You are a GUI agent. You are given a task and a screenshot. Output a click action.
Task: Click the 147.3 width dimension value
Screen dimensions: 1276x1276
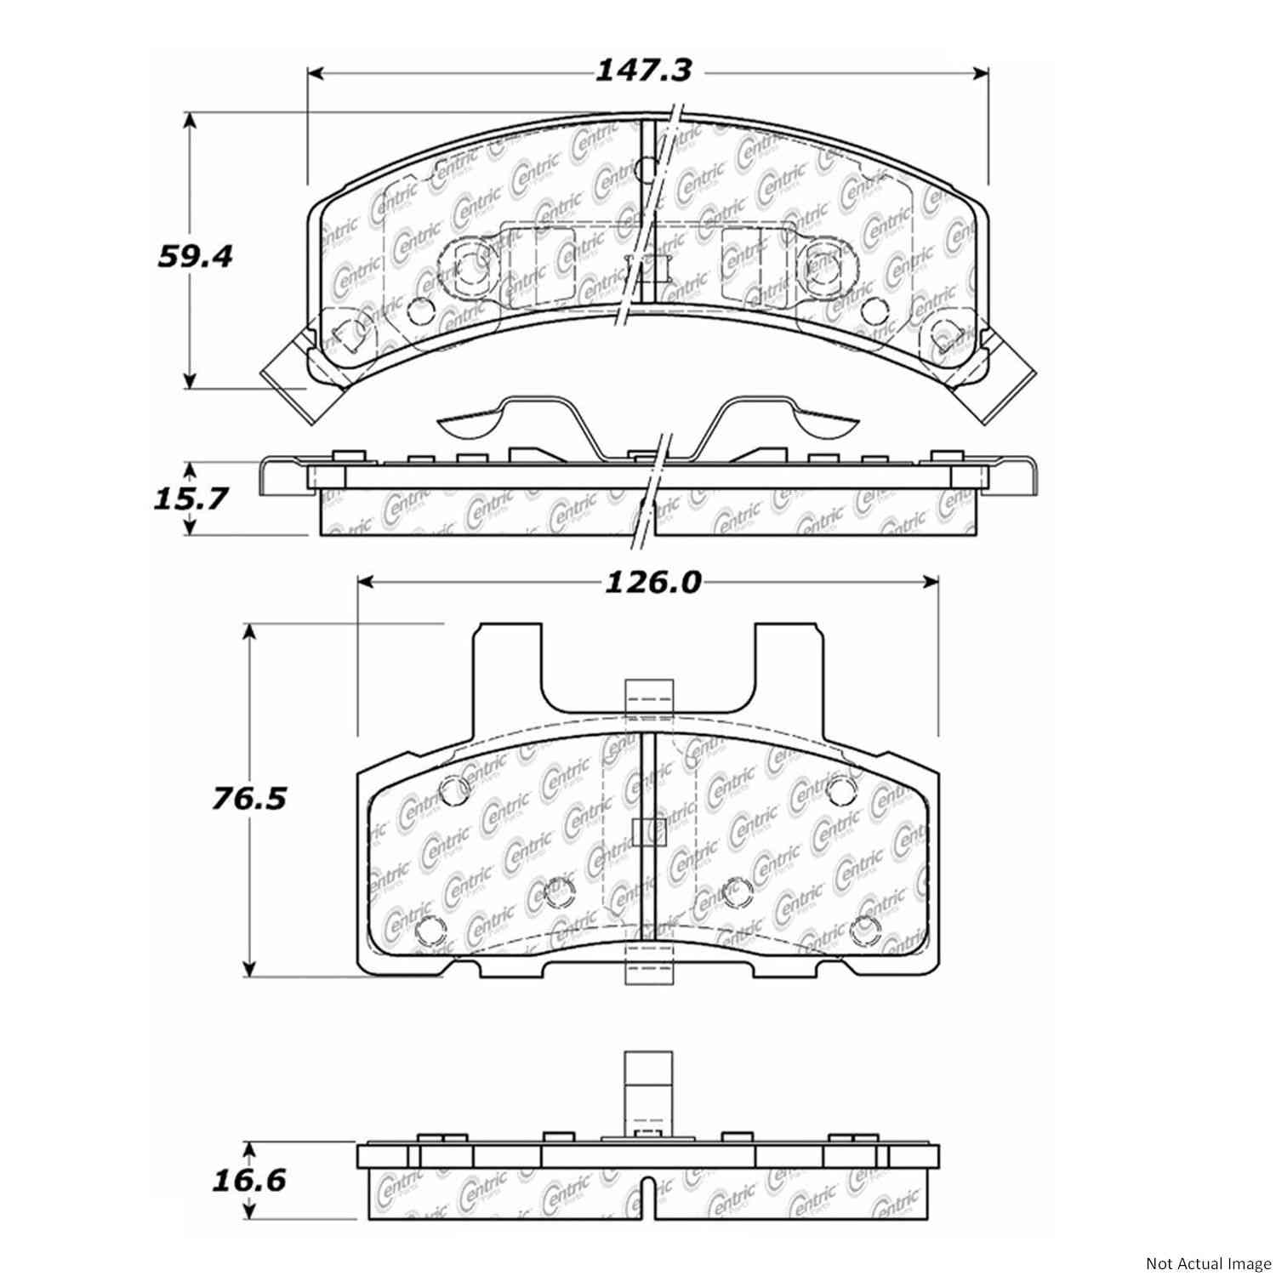point(642,71)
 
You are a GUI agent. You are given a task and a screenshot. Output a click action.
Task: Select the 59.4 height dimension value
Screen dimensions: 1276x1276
point(195,256)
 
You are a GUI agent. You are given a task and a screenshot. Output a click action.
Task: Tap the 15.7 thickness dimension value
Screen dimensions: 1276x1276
point(191,498)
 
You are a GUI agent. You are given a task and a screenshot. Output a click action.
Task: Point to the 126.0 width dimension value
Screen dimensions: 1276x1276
point(652,583)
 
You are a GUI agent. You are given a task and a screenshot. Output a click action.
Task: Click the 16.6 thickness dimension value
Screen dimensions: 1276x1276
point(248,1180)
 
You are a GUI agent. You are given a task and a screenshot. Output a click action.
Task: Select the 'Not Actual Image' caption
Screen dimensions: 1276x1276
point(1205,1262)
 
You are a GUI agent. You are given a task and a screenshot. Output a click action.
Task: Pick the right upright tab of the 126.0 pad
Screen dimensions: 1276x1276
point(789,672)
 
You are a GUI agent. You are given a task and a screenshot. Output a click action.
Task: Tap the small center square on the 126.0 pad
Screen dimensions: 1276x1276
point(648,832)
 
